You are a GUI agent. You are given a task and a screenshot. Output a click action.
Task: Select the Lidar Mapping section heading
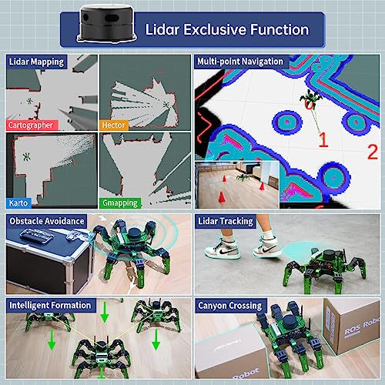tap(38, 61)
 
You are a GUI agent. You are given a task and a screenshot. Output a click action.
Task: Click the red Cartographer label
tap(34, 124)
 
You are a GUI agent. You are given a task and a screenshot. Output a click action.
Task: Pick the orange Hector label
tap(114, 124)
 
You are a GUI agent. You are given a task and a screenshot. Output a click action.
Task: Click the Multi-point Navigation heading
tap(239, 61)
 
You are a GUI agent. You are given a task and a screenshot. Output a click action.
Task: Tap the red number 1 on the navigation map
tap(323, 139)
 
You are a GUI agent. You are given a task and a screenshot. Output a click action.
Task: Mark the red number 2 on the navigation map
tap(373, 149)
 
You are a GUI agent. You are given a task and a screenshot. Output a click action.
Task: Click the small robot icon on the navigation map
tap(310, 97)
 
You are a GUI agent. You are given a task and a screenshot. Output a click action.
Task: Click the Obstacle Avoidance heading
tap(46, 221)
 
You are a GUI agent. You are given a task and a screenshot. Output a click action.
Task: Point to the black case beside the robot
tap(46, 262)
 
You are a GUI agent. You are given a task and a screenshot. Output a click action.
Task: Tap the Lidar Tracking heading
tap(226, 221)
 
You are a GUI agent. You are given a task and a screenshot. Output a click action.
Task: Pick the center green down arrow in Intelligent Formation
tap(102, 315)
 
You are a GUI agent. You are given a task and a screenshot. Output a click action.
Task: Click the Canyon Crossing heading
tap(230, 304)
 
